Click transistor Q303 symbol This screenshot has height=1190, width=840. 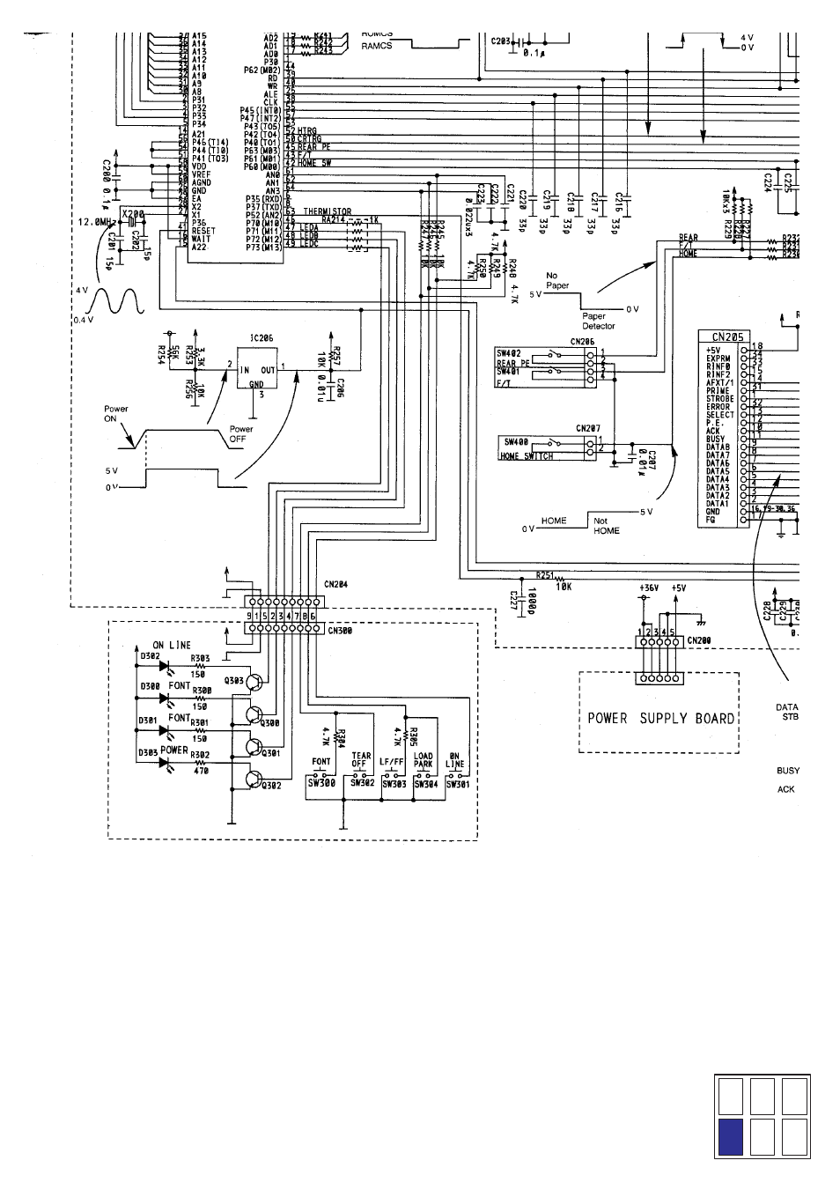coord(254,681)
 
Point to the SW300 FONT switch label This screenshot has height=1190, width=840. coord(321,782)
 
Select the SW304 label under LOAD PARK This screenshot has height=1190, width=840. coord(426,782)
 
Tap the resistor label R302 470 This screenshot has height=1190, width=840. coord(201,761)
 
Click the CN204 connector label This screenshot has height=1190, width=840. coord(336,584)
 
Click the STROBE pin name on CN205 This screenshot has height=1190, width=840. coord(719,399)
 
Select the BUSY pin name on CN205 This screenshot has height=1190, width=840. coord(715,439)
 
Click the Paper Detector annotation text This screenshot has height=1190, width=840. coord(599,321)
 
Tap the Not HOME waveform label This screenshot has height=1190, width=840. coord(607,526)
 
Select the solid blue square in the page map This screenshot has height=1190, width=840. coord(731,1137)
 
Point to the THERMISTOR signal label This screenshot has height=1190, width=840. coord(327,211)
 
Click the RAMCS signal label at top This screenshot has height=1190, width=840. coord(376,46)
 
